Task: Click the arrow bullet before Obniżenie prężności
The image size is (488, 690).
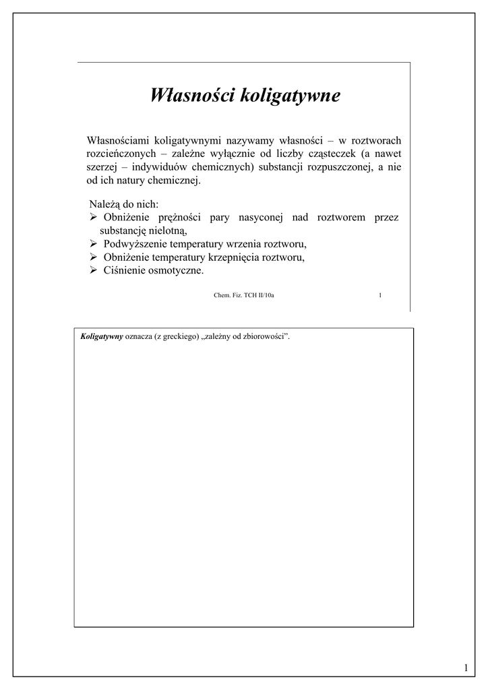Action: (x=94, y=218)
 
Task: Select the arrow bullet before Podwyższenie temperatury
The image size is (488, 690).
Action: (x=94, y=244)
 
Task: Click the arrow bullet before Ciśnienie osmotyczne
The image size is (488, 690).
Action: (x=94, y=271)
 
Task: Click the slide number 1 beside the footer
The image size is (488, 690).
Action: (x=381, y=294)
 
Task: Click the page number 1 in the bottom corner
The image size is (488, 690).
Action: (x=465, y=668)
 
